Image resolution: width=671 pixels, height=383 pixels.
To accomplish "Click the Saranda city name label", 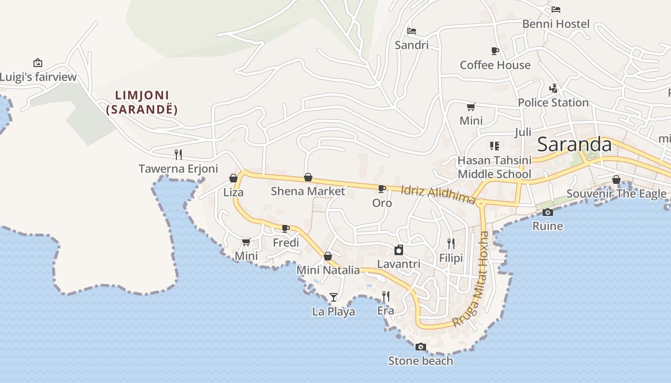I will (x=574, y=145).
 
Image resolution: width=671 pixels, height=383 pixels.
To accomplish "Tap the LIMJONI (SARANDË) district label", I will (x=142, y=102).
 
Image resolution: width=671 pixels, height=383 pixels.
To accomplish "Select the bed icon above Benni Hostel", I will (x=556, y=10).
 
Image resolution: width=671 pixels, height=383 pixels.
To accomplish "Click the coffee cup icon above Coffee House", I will (x=495, y=51).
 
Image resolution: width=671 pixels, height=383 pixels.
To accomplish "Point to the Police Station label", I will (x=553, y=102).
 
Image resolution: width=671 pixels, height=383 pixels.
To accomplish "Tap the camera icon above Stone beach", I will (x=420, y=347).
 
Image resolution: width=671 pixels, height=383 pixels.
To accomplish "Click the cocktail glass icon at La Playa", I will (x=334, y=297).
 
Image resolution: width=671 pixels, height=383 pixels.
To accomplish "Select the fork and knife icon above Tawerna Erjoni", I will (x=178, y=154).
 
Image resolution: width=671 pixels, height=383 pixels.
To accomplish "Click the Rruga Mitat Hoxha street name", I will (x=478, y=279).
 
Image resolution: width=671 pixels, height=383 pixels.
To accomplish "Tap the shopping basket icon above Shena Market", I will (x=308, y=178).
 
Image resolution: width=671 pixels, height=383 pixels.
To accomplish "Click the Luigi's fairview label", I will (x=38, y=77).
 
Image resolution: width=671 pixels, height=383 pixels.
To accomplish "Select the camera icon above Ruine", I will (x=547, y=212).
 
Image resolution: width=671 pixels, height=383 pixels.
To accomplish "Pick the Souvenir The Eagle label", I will (x=616, y=193).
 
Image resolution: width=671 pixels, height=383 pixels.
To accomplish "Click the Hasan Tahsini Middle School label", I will (x=495, y=167).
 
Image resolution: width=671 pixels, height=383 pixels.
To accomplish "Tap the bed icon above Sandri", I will (x=411, y=31).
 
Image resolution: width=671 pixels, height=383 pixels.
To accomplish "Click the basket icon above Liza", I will (x=233, y=179).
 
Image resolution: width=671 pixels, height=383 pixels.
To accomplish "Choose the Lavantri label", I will (x=399, y=264).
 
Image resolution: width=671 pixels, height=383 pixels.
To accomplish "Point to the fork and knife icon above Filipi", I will (x=451, y=244).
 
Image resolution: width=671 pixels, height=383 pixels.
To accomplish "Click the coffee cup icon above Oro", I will (x=382, y=189).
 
